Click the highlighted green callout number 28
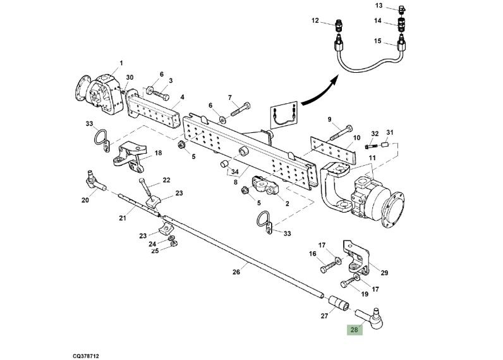coord(354,329)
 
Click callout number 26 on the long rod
coord(236,273)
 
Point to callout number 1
coord(121,63)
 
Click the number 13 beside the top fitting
coord(396,6)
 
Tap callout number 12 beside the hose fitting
coord(315,20)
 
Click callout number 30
coord(130,78)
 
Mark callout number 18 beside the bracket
coord(158,153)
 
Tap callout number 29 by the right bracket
coord(384,273)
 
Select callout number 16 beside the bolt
coord(312,254)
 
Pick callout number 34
coord(234,171)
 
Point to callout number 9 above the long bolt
coord(329,119)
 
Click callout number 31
coord(390,132)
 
